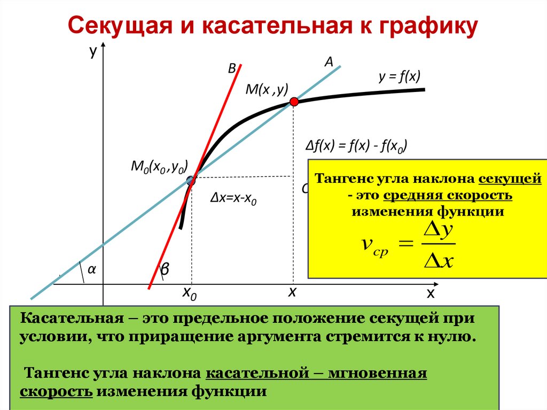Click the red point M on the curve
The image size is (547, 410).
pos(293,102)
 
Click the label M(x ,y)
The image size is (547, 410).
pos(267,89)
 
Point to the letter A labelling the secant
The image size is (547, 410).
pos(329,63)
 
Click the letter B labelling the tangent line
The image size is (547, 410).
pos(232,68)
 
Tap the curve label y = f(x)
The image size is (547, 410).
pos(400,77)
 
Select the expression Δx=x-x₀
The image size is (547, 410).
pos(234,199)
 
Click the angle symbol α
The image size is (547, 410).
pos(91,270)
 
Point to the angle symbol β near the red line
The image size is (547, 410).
pos(165,272)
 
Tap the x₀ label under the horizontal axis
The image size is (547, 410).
pos(190,293)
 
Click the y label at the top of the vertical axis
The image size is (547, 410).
pos(93,51)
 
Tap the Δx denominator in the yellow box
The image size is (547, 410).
pos(437,261)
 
